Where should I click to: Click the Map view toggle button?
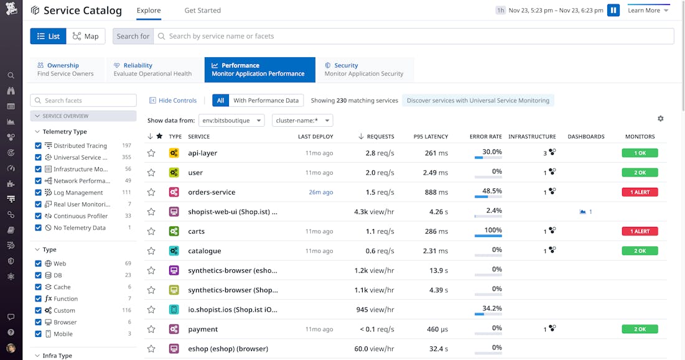click(85, 36)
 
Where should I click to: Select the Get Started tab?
click(202, 11)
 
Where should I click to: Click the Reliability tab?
click(152, 70)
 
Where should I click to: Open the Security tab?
click(364, 70)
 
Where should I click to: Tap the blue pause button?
click(613, 11)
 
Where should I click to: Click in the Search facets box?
click(83, 100)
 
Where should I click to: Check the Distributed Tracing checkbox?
click(39, 145)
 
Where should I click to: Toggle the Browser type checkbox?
click(39, 322)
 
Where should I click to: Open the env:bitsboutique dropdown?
click(231, 120)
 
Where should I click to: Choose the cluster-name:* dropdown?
click(302, 120)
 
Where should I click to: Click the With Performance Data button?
click(266, 100)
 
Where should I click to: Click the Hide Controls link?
click(173, 100)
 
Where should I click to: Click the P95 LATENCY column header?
click(431, 137)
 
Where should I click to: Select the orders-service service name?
click(212, 192)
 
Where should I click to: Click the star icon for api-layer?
click(151, 153)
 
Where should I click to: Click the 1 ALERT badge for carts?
click(640, 231)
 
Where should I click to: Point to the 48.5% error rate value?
click(492, 191)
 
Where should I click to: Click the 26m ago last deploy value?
click(320, 192)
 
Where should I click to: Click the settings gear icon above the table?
click(660, 119)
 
